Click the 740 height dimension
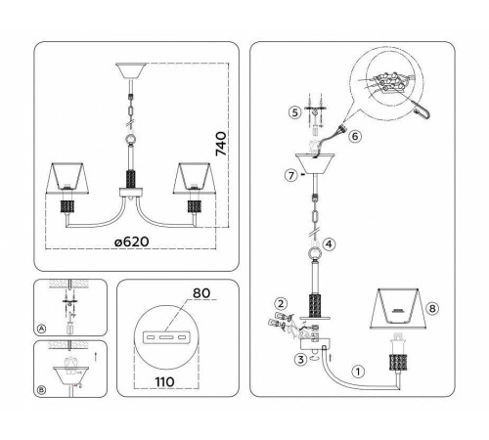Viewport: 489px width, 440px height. tap(221, 144)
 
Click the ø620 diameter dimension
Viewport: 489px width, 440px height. tap(132, 242)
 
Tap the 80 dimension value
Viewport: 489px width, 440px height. tap(201, 293)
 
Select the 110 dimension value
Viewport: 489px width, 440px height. tap(164, 382)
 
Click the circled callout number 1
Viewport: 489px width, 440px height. tap(358, 372)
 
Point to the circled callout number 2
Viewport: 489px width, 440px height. tap(281, 304)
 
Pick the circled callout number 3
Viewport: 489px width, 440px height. tap(300, 360)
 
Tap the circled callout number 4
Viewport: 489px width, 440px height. tap(329, 243)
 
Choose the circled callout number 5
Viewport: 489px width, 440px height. tap(295, 112)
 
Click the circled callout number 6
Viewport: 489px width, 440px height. tap(355, 136)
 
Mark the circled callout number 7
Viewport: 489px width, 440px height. tap(291, 176)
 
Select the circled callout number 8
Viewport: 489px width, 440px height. tap(432, 308)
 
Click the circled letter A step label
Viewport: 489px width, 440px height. tap(41, 329)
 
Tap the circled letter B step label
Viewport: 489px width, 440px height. tap(41, 390)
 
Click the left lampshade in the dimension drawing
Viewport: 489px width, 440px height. tap(67, 178)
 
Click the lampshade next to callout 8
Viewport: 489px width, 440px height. tap(398, 308)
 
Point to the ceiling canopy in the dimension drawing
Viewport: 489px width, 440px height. tap(130, 70)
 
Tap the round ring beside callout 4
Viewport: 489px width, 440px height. tap(315, 254)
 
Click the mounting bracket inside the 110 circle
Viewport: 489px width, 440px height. tap(166, 336)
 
